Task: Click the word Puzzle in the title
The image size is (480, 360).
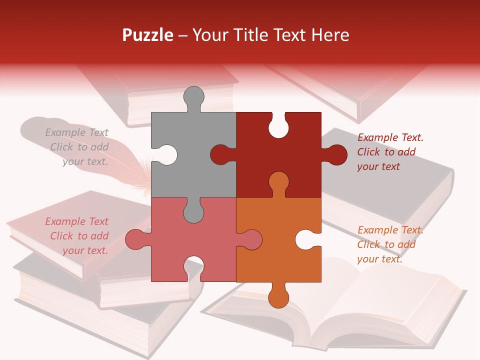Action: point(147,35)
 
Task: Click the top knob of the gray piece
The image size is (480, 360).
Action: point(193,96)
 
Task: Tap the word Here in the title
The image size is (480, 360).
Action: point(330,35)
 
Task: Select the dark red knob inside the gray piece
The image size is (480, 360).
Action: point(220,154)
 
